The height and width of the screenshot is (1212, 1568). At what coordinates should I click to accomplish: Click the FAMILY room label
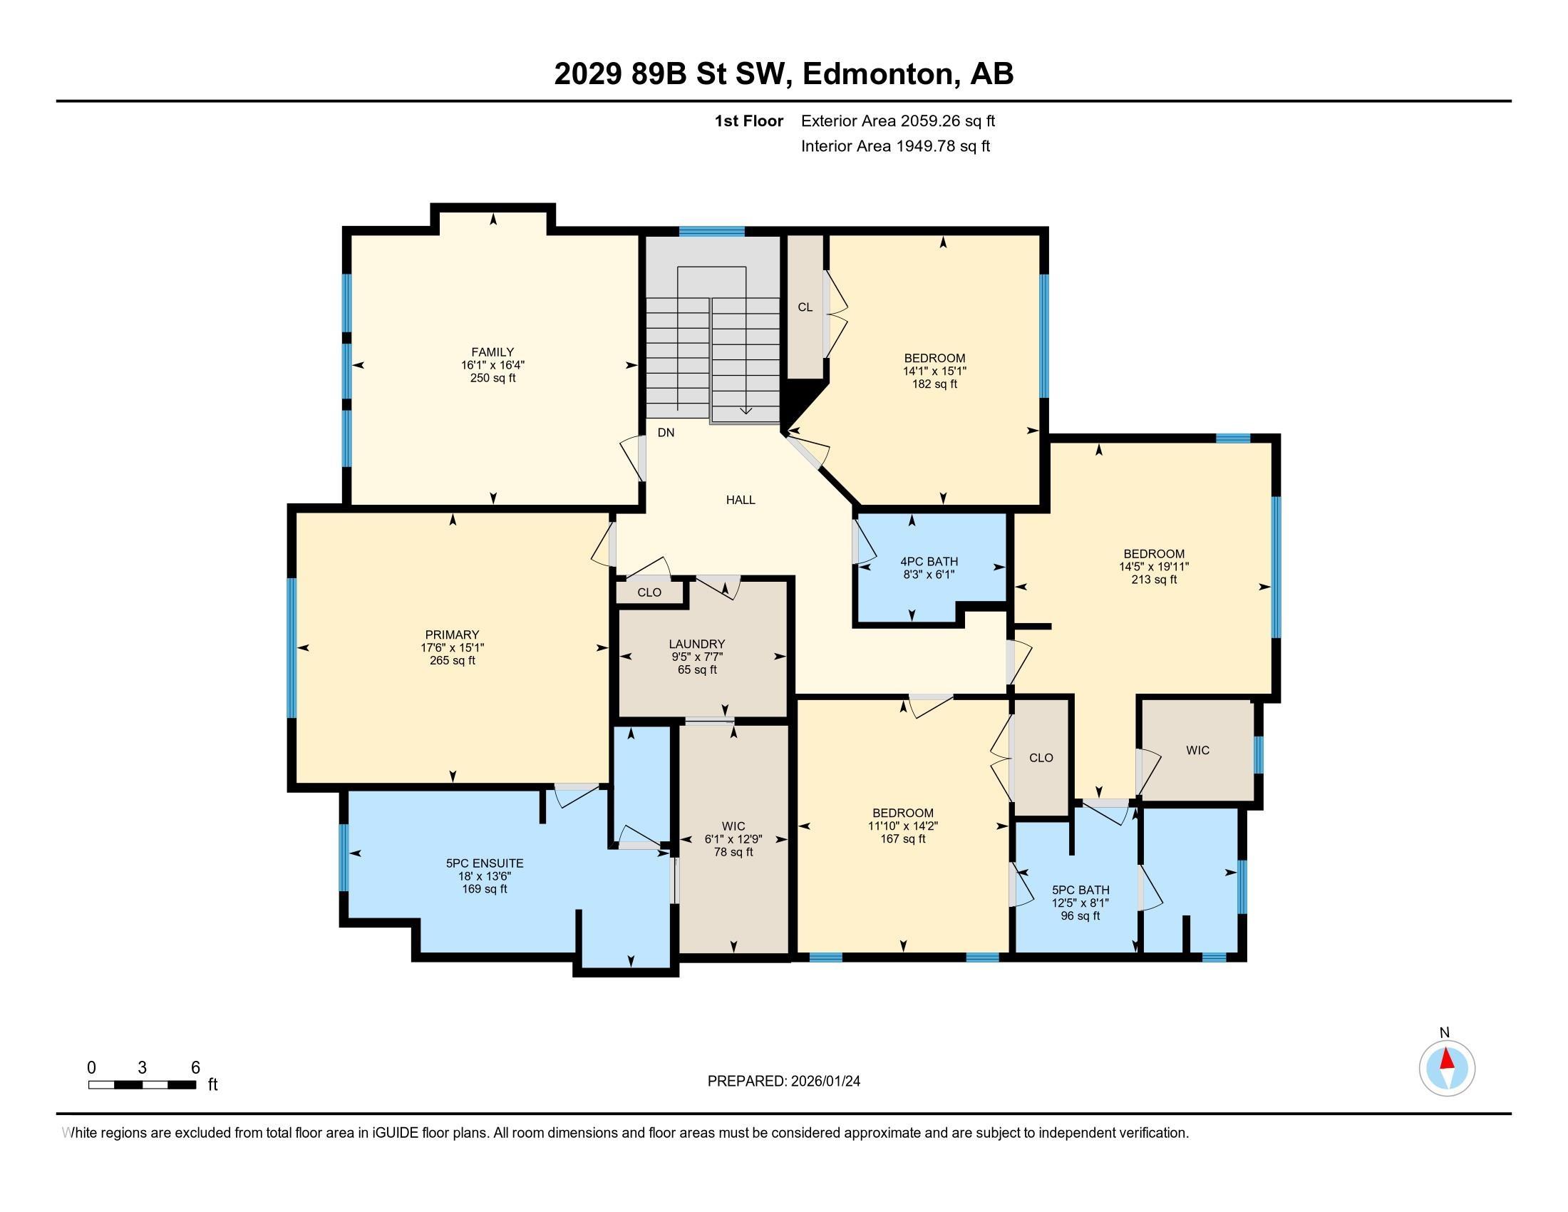point(492,351)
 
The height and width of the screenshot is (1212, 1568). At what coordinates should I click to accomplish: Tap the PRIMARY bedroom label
point(453,635)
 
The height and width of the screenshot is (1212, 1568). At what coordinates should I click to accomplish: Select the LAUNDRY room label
point(697,644)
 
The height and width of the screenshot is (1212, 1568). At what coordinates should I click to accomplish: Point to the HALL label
point(741,500)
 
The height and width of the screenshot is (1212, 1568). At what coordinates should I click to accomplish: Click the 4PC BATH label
point(929,562)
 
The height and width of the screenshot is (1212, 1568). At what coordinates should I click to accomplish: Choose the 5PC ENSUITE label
point(485,863)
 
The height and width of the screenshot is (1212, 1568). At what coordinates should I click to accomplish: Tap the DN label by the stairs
point(666,432)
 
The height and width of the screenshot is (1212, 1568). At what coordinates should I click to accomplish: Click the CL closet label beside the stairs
point(805,307)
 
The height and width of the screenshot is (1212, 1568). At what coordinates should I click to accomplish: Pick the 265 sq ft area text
point(453,661)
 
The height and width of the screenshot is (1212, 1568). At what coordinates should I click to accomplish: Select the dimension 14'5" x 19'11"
point(1154,567)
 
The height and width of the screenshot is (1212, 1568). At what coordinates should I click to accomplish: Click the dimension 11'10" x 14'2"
point(903,826)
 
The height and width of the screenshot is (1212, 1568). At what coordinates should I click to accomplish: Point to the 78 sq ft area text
point(733,852)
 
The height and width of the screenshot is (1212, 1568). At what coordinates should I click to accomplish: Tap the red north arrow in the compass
point(1448,1059)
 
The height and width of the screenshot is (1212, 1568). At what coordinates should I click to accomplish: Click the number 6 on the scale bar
point(195,1068)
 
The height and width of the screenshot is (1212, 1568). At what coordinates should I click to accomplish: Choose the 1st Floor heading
point(749,121)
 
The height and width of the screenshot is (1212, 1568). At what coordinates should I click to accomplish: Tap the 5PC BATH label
point(1080,890)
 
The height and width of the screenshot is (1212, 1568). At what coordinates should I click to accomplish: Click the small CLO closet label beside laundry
point(650,592)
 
